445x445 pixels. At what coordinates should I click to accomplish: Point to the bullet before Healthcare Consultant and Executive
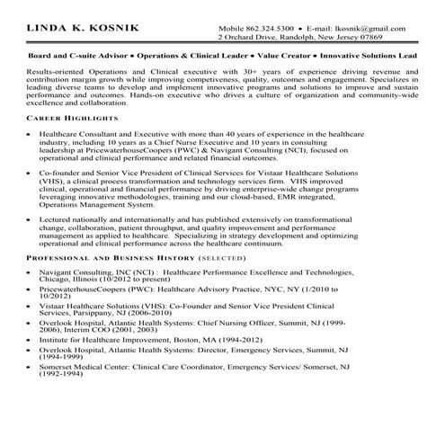[30, 132]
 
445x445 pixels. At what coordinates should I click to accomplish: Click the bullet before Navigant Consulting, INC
[30, 271]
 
